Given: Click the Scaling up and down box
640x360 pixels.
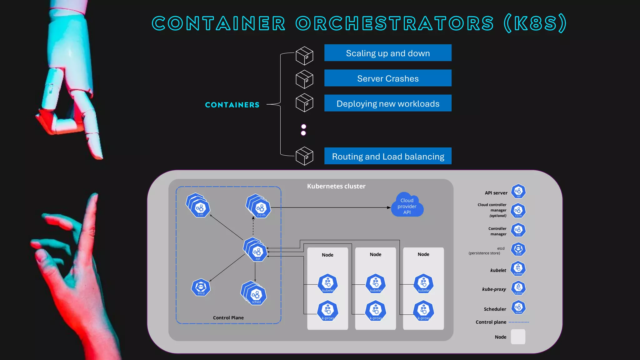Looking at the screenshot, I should pyautogui.click(x=387, y=53).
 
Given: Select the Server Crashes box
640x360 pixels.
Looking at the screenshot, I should pyautogui.click(x=387, y=78).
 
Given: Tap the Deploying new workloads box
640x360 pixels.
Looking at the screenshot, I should pyautogui.click(x=387, y=103).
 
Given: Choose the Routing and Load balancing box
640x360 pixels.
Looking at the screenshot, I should pyautogui.click(x=387, y=156).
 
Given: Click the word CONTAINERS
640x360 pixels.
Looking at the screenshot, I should pyautogui.click(x=232, y=105).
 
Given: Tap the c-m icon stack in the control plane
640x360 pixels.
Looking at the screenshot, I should pyautogui.click(x=199, y=206).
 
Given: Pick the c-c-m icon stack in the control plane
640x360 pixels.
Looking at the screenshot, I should pyautogui.click(x=259, y=207).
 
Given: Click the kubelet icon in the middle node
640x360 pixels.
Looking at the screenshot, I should pyautogui.click(x=376, y=283).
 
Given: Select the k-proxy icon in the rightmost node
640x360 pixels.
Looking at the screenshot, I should pyautogui.click(x=423, y=311).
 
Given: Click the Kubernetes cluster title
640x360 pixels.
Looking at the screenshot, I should pyautogui.click(x=336, y=186).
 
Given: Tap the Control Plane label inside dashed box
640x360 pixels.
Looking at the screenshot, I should pyautogui.click(x=228, y=317).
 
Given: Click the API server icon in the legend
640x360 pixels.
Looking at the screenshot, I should pyautogui.click(x=518, y=191).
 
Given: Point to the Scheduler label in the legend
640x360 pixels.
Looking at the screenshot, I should pyautogui.click(x=495, y=309).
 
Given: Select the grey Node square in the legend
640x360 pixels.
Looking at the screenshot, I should pyautogui.click(x=518, y=337).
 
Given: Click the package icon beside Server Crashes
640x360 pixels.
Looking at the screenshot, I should pyautogui.click(x=304, y=79).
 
